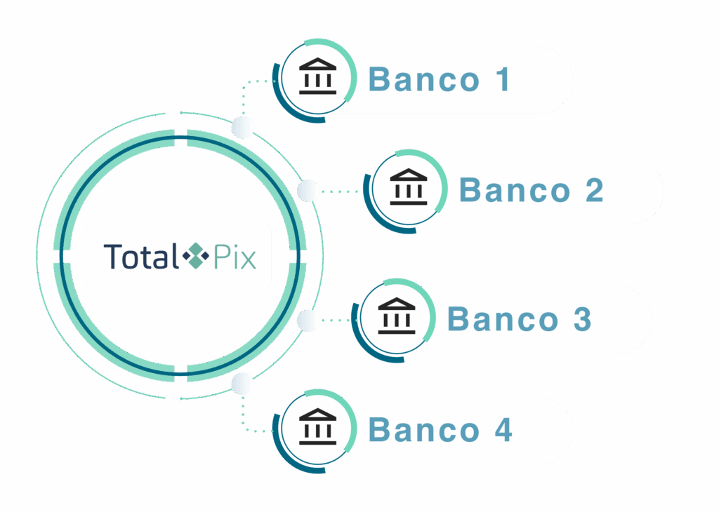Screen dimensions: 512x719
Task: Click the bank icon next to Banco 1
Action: [x=317, y=78]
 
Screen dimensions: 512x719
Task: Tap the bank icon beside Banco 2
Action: [x=408, y=189]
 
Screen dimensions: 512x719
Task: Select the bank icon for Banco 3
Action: [x=397, y=317]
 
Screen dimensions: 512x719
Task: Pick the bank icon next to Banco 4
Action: [x=317, y=427]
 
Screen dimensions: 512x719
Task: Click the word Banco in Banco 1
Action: [x=423, y=80]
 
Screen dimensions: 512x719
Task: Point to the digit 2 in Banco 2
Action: [x=593, y=191]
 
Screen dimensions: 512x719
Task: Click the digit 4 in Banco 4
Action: [x=503, y=430]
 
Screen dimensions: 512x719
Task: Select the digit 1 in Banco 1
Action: [x=501, y=80]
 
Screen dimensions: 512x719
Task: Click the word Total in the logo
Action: [x=140, y=256]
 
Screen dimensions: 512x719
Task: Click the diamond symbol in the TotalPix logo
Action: [x=196, y=256]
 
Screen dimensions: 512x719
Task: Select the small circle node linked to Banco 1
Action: [x=242, y=128]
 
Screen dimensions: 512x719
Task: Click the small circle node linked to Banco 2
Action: [x=308, y=190]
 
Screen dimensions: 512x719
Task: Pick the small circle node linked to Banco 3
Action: [x=308, y=321]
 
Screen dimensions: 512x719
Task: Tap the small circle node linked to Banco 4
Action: [x=242, y=384]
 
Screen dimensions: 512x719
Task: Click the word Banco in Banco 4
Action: [x=423, y=430]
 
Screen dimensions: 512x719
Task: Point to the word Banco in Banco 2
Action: [x=514, y=191]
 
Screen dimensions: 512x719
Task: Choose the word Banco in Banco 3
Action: [x=503, y=319]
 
